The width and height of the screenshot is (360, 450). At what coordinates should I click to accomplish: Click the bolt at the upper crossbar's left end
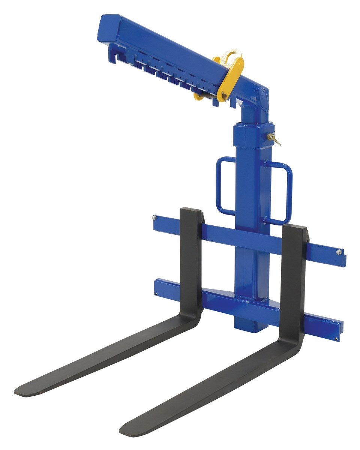154,217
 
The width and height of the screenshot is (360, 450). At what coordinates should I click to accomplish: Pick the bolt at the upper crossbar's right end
339,252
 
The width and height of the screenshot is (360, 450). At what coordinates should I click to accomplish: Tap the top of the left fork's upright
191,210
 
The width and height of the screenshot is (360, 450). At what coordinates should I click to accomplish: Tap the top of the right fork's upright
294,226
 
